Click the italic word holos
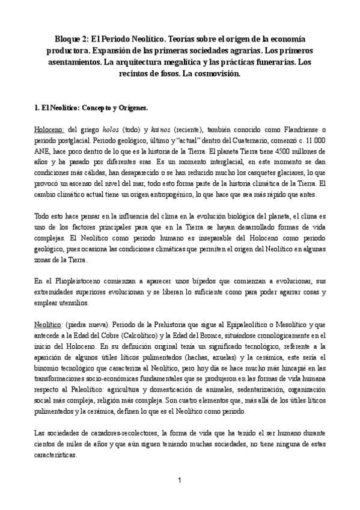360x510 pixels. [x=109, y=129]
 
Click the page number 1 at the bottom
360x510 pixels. [x=180, y=479]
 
